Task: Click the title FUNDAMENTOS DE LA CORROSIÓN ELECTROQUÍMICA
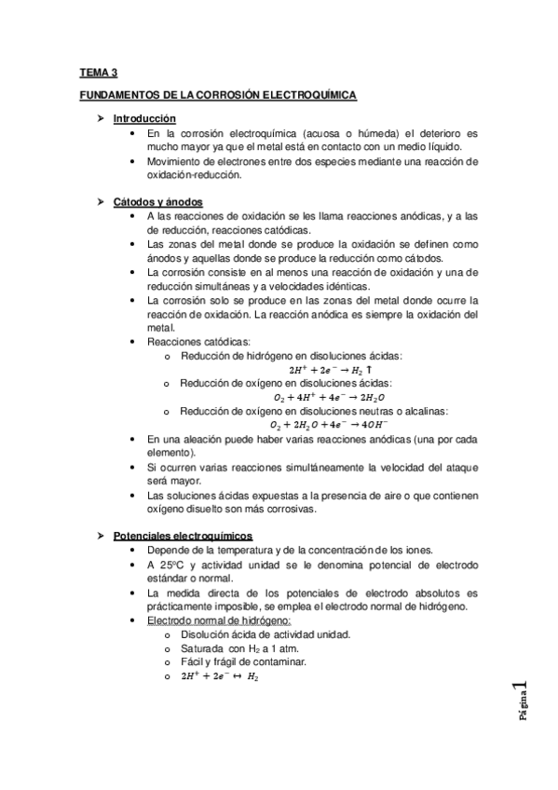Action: [x=218, y=95]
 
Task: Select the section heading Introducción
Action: [x=143, y=119]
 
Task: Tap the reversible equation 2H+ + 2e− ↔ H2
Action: [x=219, y=677]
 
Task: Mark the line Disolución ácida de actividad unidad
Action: [x=252, y=634]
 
